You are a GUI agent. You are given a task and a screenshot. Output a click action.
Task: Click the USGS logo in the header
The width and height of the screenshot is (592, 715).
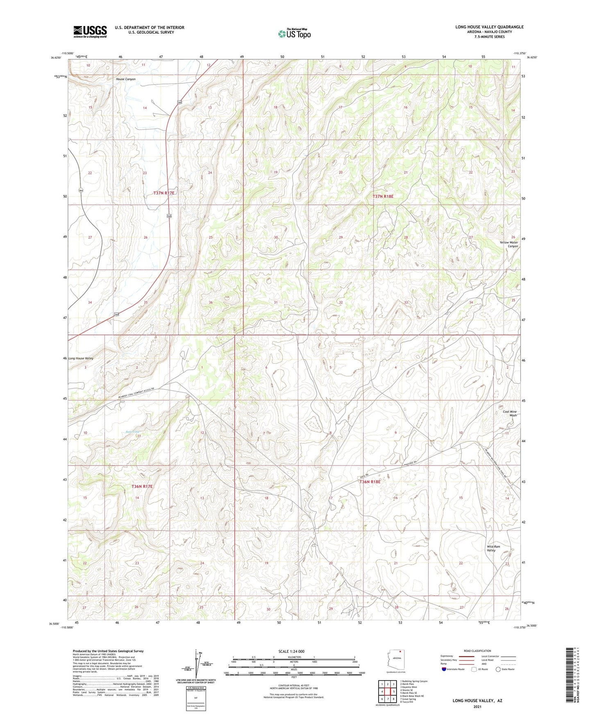(x=90, y=32)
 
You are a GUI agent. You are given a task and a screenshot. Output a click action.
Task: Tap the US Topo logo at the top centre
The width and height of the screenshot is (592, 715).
(x=294, y=34)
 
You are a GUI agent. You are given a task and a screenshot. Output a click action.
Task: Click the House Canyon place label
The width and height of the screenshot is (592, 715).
(x=125, y=79)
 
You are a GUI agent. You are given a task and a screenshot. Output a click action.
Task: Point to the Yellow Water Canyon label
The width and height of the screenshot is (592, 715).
(x=508, y=244)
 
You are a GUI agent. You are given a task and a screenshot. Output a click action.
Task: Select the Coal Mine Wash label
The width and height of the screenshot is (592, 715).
(x=509, y=414)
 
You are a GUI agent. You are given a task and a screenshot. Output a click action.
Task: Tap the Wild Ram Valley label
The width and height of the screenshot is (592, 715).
(x=493, y=548)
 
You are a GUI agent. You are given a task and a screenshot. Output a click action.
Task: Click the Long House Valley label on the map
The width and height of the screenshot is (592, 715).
(x=81, y=358)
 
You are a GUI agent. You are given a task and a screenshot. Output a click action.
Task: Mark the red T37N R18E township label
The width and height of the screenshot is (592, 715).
(x=383, y=197)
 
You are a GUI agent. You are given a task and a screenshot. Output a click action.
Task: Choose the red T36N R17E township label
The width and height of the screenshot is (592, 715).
(x=142, y=486)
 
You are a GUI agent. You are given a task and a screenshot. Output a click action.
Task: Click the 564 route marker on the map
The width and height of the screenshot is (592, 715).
(x=81, y=190)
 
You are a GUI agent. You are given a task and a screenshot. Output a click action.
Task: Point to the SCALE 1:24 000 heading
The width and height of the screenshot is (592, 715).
(x=291, y=651)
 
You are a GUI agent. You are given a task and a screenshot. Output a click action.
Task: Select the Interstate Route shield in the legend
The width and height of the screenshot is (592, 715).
(x=445, y=669)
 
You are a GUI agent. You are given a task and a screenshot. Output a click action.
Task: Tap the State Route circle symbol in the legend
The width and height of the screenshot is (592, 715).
(x=498, y=669)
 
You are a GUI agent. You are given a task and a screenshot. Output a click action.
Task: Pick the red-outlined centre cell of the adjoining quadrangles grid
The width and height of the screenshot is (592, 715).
(x=388, y=692)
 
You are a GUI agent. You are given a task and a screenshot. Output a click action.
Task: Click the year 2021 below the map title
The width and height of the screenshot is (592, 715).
(x=477, y=707)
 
